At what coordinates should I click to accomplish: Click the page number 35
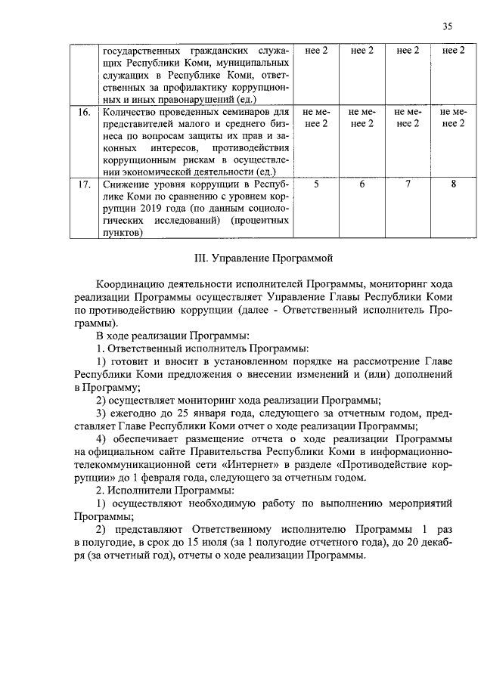[x=448, y=26]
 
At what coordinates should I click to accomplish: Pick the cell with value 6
[x=361, y=184]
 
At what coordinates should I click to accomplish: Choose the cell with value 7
[x=408, y=184]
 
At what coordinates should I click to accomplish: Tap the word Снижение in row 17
[x=125, y=184]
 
